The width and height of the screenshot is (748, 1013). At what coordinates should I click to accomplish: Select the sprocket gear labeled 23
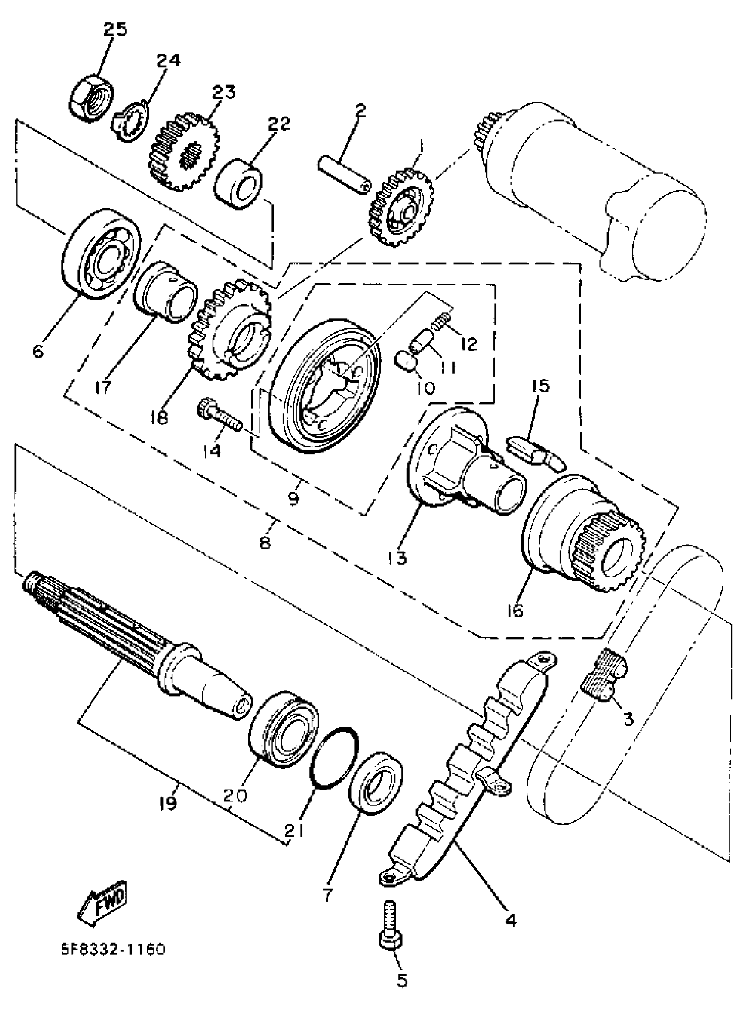[183, 153]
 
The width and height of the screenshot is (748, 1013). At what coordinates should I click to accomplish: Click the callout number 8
[265, 542]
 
